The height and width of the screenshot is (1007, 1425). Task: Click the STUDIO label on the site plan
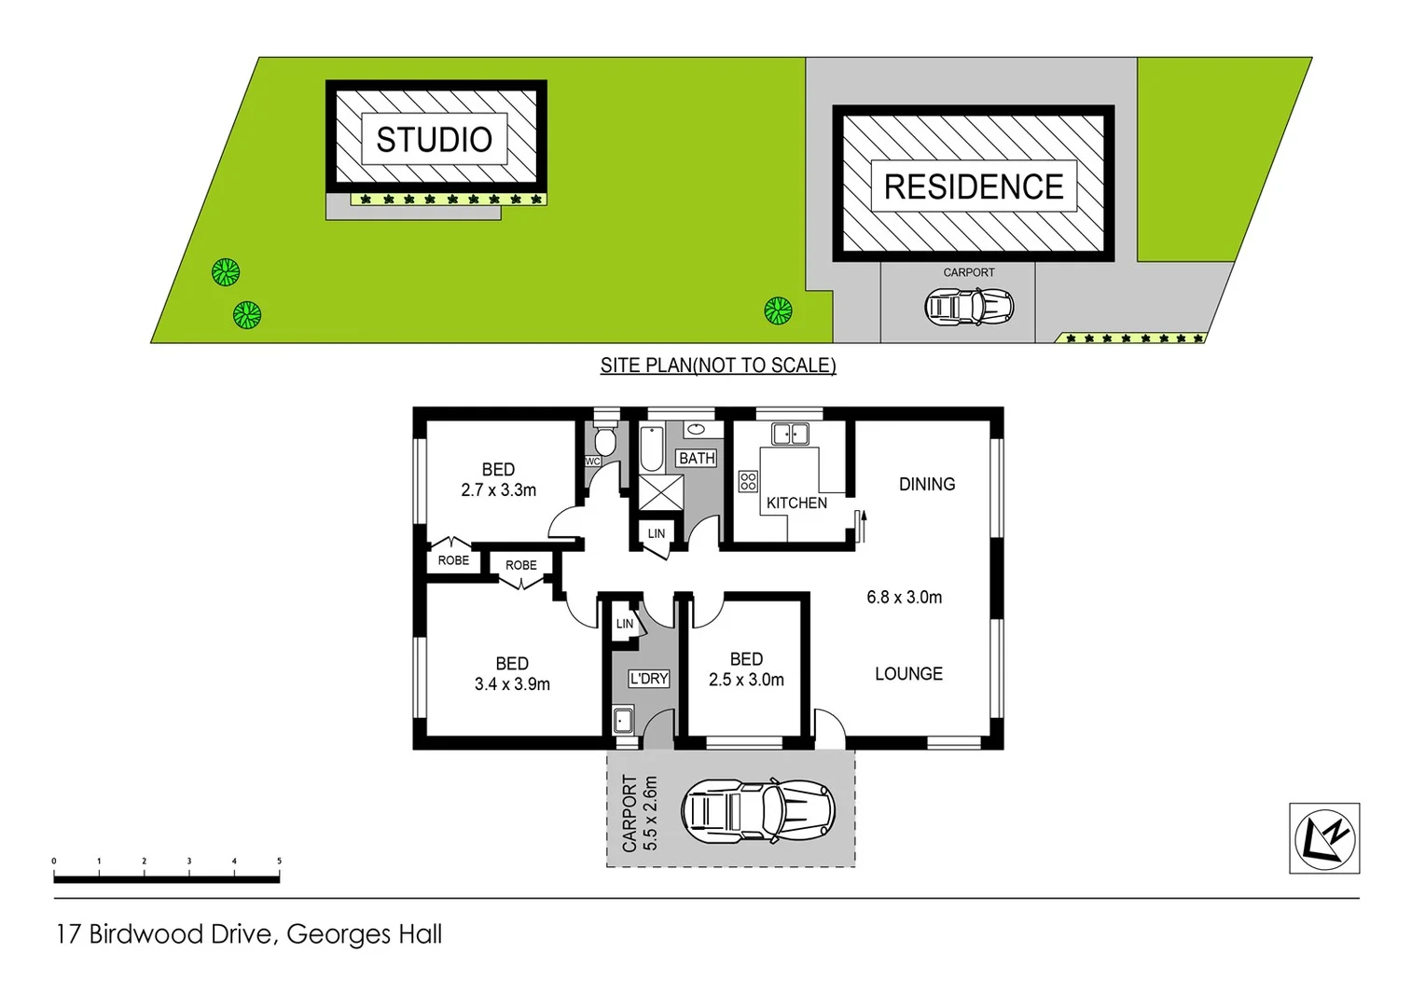(434, 140)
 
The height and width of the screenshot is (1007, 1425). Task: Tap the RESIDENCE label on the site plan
(973, 186)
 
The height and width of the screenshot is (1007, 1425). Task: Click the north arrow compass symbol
(1324, 838)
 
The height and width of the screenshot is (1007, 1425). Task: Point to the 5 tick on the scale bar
(279, 862)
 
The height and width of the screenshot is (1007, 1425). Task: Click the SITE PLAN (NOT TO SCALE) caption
(717, 366)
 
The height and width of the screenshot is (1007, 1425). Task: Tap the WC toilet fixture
(604, 440)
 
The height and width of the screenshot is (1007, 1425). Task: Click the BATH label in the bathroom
(697, 458)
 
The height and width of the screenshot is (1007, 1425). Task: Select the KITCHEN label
(796, 504)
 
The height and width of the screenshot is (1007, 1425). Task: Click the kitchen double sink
(790, 434)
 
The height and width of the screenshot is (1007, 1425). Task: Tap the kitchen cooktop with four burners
(748, 481)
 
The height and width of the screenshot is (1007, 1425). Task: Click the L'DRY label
(648, 679)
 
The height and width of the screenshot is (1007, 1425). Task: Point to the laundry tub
(623, 720)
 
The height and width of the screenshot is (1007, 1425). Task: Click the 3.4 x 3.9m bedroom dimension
(512, 684)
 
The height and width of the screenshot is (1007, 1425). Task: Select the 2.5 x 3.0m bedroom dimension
(746, 681)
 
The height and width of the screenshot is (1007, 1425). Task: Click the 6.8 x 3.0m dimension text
(904, 598)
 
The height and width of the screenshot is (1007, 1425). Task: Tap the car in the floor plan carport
(756, 811)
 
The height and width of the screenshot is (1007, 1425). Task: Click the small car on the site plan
(968, 306)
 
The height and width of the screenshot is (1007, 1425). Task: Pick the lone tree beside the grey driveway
(778, 310)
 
